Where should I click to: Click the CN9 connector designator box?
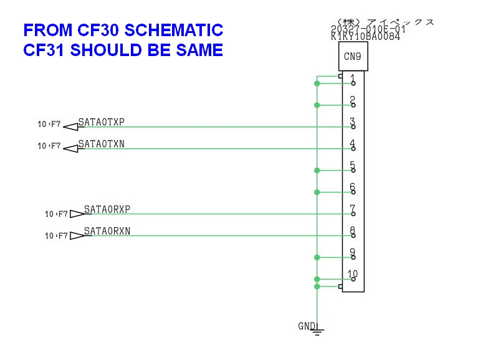tap(353, 60)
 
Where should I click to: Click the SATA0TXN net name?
tap(101, 144)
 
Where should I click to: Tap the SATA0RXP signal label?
tap(107, 209)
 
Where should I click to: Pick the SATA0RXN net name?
tap(107, 231)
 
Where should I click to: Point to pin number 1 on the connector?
tap(353, 79)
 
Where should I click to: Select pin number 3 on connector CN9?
tap(353, 123)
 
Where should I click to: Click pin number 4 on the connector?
tap(353, 144)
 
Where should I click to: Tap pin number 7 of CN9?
tap(353, 210)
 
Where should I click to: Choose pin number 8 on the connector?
tap(353, 232)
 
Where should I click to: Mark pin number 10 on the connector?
tap(353, 274)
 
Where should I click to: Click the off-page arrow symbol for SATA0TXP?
tap(70, 127)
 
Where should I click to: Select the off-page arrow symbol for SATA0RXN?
tap(77, 235)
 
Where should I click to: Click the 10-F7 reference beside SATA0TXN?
tap(49, 146)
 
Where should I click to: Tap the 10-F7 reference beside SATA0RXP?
tap(56, 214)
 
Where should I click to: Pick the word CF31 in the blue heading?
tap(44, 50)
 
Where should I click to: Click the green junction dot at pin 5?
tap(317, 170)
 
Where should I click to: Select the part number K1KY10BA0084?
tap(365, 37)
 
